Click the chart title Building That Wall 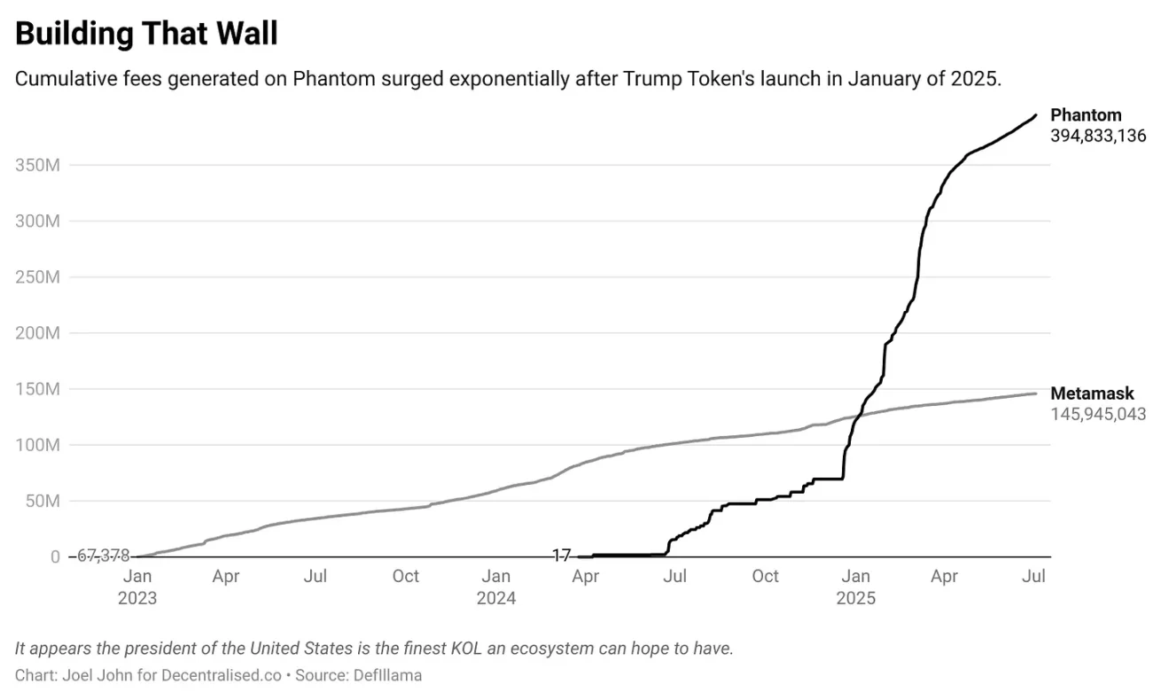(147, 34)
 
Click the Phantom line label (1085, 115)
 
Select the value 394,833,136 (1098, 136)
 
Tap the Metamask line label (1092, 394)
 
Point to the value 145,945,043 (1098, 415)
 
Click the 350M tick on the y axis (37, 165)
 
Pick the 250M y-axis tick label (37, 277)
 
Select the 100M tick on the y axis (37, 445)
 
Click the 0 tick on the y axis (55, 556)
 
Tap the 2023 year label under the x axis (136, 598)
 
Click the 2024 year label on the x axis (496, 598)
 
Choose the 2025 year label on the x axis (855, 598)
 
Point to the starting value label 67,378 (103, 556)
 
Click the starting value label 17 (561, 556)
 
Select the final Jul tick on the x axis (1033, 577)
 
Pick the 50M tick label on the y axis (41, 501)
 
